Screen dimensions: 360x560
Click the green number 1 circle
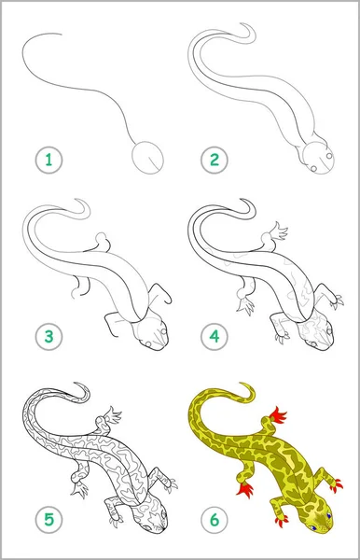pyautogui.click(x=48, y=160)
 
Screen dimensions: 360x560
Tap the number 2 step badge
pyautogui.click(x=215, y=160)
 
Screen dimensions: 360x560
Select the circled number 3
pyautogui.click(x=48, y=336)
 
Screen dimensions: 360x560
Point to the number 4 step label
pyautogui.click(x=215, y=336)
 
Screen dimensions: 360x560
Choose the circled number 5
pyautogui.click(x=48, y=519)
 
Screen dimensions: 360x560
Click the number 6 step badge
pyautogui.click(x=215, y=519)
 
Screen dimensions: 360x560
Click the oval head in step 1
pyautogui.click(x=147, y=158)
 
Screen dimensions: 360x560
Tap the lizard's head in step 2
pyautogui.click(x=317, y=158)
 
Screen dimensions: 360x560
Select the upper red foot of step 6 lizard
pyautogui.click(x=279, y=415)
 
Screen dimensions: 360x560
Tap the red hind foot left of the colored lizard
pyautogui.click(x=245, y=489)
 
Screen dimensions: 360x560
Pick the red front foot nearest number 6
pyautogui.click(x=282, y=521)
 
